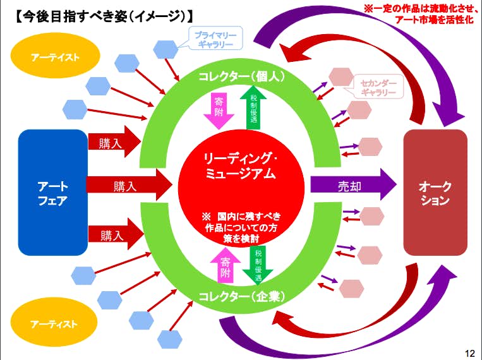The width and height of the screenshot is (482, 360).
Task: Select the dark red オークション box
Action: coord(435,192)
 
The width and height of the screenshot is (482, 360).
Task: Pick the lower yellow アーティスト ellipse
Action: coord(56,324)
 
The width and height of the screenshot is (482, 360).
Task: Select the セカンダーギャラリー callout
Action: coord(378,88)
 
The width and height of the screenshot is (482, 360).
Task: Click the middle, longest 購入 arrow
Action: coord(129,186)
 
